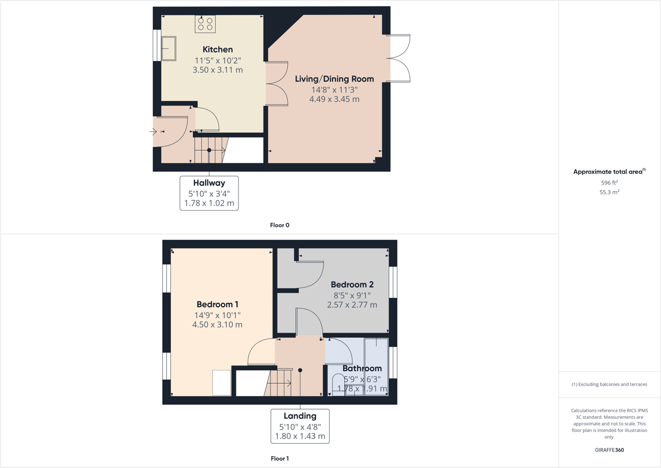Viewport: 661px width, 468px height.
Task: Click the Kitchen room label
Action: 218,49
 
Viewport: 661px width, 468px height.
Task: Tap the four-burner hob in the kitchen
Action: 205,24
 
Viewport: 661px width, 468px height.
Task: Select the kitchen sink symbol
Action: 168,48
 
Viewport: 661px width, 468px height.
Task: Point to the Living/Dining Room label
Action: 334,79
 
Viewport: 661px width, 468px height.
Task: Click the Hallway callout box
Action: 209,193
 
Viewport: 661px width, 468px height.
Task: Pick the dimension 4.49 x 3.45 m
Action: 334,99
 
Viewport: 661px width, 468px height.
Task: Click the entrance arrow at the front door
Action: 153,132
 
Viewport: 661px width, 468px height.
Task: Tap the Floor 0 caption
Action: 280,225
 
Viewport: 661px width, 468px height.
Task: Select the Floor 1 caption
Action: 280,459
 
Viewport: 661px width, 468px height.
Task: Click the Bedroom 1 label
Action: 217,304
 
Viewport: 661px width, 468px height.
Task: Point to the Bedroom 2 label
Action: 352,285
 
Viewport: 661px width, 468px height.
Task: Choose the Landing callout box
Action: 300,426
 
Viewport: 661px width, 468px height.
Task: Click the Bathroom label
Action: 362,368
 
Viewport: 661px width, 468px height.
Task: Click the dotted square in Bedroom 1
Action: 222,383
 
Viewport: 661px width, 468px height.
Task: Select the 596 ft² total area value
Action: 609,182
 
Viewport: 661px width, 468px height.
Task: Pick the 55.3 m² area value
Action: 609,192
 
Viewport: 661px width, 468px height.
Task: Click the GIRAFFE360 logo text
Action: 609,450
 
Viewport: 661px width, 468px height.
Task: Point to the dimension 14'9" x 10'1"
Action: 217,315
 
